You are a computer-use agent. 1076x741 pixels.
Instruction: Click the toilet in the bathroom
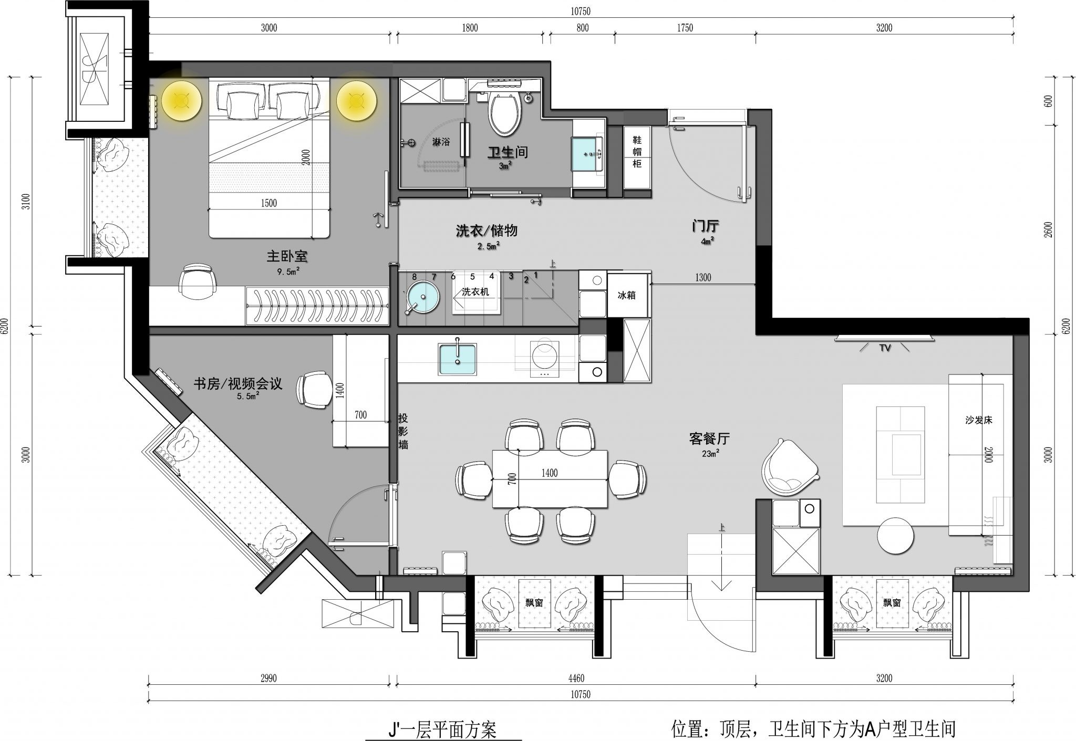505,111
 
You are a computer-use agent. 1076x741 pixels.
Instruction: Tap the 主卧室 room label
287,256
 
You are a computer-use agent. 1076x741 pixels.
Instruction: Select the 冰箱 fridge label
626,295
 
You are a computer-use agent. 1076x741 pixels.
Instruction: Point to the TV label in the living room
885,348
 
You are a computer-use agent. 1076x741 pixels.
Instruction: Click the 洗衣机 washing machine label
475,292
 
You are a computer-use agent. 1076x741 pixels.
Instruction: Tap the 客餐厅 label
709,438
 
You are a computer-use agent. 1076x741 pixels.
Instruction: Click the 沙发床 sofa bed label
978,420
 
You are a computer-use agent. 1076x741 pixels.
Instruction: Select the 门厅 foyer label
705,226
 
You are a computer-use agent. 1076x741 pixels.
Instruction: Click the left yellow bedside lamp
182,100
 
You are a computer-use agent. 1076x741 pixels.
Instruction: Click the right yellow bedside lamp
356,100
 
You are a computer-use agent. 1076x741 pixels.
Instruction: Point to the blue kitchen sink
458,360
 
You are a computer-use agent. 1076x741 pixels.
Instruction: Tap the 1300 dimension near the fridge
703,277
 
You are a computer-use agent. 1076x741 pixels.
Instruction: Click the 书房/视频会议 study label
237,384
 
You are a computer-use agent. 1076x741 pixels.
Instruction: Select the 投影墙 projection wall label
403,432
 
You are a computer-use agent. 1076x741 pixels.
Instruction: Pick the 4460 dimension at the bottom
576,679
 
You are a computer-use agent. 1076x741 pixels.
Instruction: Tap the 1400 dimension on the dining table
549,473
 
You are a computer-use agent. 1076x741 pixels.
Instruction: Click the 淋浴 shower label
441,142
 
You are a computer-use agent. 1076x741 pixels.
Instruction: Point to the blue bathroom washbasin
587,154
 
